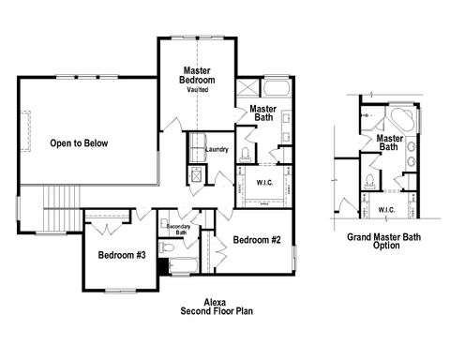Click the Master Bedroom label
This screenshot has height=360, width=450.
click(x=199, y=76)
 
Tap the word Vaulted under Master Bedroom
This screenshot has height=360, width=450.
click(x=198, y=91)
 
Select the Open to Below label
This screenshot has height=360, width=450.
click(x=80, y=143)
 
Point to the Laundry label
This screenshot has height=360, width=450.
click(x=217, y=149)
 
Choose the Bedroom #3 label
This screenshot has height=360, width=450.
click(x=122, y=256)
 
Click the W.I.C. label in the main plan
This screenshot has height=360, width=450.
click(x=264, y=182)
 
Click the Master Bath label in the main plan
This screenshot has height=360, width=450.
click(x=262, y=113)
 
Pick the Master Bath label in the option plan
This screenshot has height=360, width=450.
click(x=390, y=142)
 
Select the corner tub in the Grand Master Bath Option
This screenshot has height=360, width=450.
click(x=401, y=119)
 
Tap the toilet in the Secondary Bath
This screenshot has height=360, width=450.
click(x=167, y=247)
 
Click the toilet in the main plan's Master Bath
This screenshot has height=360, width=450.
click(x=246, y=155)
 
